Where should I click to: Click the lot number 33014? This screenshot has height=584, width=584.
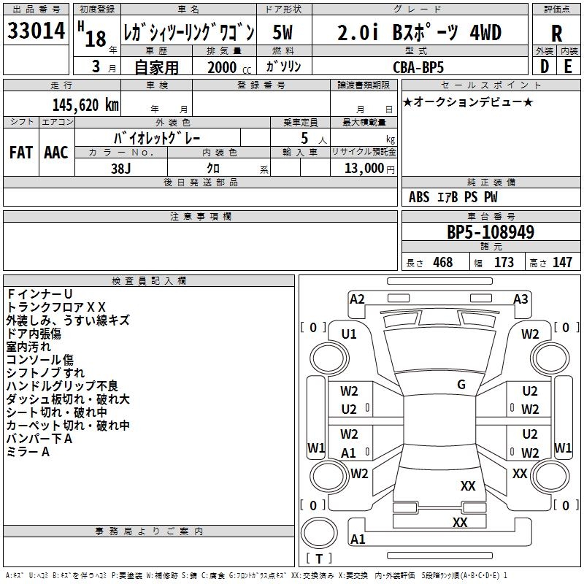pyautogui.click(x=36, y=31)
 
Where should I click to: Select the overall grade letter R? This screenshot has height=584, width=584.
pyautogui.click(x=556, y=34)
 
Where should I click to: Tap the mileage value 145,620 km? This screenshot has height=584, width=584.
pyautogui.click(x=85, y=105)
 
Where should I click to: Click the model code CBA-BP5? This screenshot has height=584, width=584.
pyautogui.click(x=418, y=67)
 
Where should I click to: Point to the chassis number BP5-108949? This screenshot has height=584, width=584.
pyautogui.click(x=491, y=232)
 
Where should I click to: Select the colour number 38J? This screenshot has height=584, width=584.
pyautogui.click(x=121, y=169)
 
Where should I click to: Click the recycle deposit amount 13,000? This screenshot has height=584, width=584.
pyautogui.click(x=364, y=168)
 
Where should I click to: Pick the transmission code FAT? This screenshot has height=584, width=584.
pyautogui.click(x=21, y=153)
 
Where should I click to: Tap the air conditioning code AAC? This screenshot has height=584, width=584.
pyautogui.click(x=56, y=153)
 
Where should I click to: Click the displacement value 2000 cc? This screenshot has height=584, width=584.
pyautogui.click(x=229, y=67)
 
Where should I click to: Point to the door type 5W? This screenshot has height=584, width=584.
pyautogui.click(x=283, y=32)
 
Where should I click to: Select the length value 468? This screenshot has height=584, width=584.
pyautogui.click(x=443, y=262)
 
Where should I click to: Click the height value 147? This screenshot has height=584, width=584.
pyautogui.click(x=562, y=262)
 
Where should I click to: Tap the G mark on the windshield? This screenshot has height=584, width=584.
pyautogui.click(x=461, y=385)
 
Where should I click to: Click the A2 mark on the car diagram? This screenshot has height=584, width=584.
pyautogui.click(x=357, y=299)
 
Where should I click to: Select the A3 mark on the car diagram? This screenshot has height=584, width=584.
pyautogui.click(x=520, y=299)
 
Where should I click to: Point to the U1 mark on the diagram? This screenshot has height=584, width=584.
pyautogui.click(x=349, y=334)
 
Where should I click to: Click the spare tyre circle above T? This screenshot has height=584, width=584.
pyautogui.click(x=319, y=532)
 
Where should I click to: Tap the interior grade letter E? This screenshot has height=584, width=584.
pyautogui.click(x=568, y=66)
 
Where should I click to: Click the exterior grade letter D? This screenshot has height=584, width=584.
pyautogui.click(x=545, y=66)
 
